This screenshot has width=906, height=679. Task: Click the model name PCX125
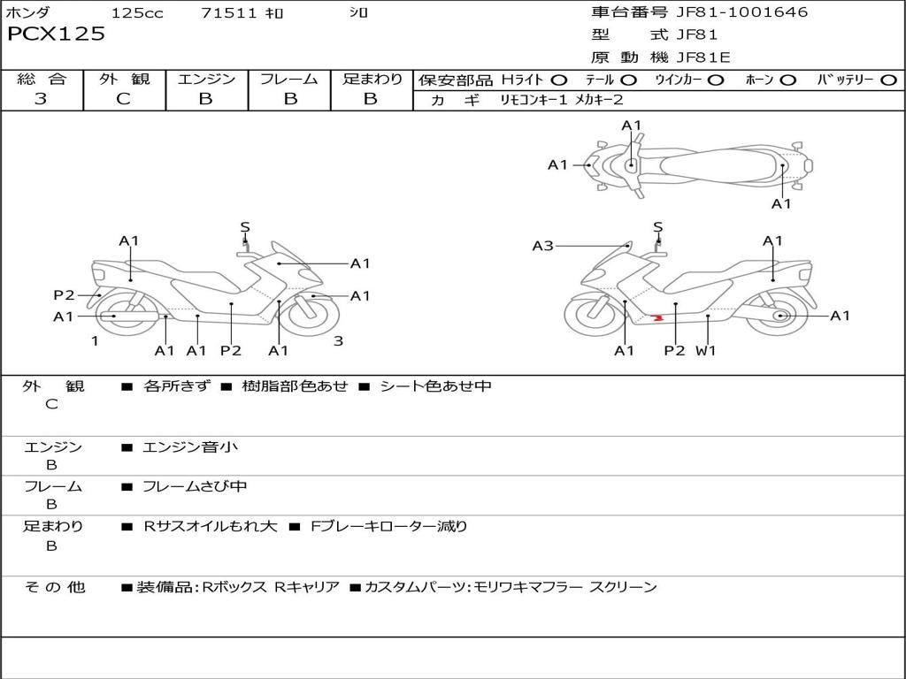(57, 34)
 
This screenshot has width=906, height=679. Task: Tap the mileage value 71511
(228, 13)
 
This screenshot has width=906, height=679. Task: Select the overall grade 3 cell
(41, 99)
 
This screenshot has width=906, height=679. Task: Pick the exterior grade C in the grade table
(124, 99)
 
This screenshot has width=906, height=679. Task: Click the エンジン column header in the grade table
(206, 79)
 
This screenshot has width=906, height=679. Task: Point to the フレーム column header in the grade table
(289, 79)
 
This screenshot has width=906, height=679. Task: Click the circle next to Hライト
(559, 80)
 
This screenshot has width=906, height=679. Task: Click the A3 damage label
(542, 246)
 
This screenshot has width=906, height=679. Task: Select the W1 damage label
(705, 351)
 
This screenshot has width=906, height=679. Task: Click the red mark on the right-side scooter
(656, 317)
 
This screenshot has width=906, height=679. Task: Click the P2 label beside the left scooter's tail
(65, 295)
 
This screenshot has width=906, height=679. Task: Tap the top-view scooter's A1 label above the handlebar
(631, 126)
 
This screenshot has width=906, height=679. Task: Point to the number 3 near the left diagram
(337, 340)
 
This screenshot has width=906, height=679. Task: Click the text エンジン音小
(190, 447)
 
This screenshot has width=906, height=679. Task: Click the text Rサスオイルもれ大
(211, 526)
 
